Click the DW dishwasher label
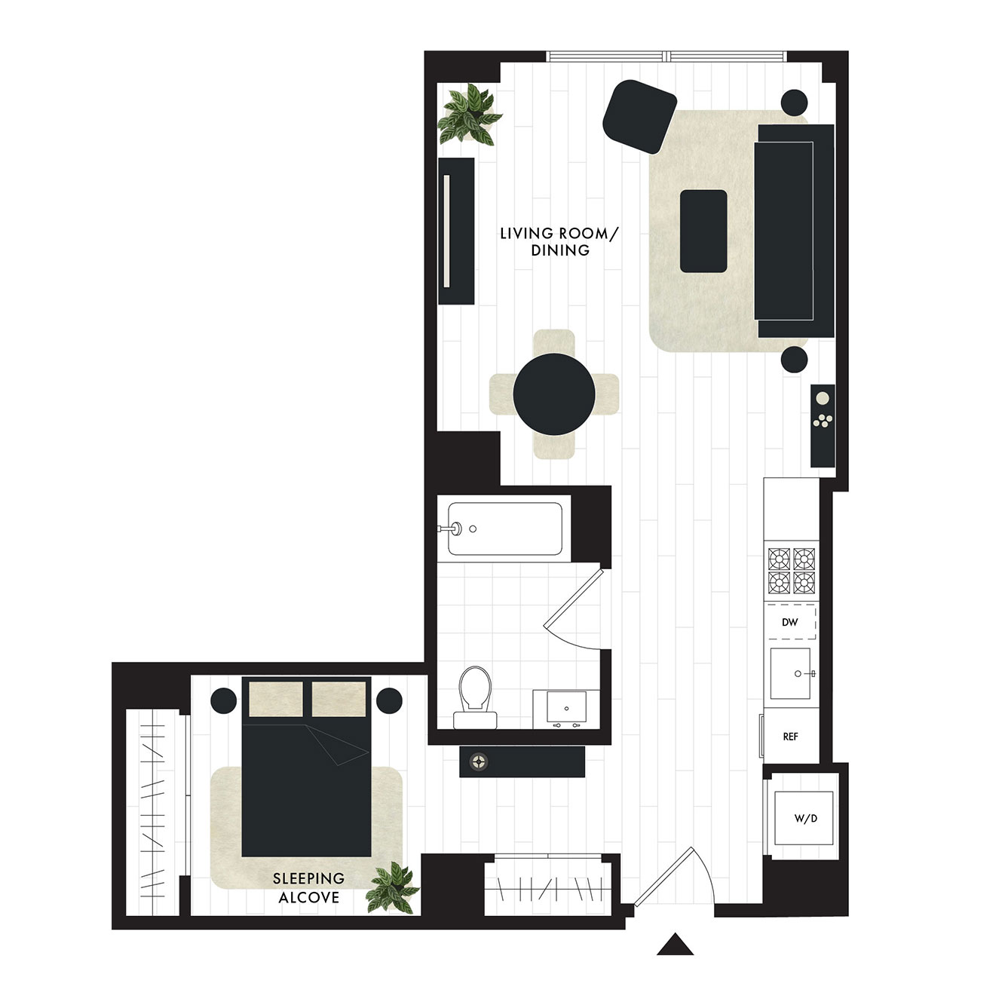pos(789,622)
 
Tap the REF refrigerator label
pos(790,737)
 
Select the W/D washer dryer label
pos(806,818)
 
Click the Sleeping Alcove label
pos(309,887)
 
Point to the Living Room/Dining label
pos(559,241)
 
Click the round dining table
pos(554,394)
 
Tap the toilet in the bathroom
pos(475,697)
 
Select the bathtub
pos(505,529)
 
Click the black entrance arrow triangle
pos(675,943)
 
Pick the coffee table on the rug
pos(703,231)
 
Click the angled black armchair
pos(639,117)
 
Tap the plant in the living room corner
pos(470,114)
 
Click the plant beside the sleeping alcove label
pos(392,888)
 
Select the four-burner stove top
pos(791,571)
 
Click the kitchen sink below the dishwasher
pos(791,673)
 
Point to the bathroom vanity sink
pos(566,709)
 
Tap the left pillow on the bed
pos(276,699)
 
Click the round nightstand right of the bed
pos(389,700)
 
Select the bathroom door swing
pos(576,610)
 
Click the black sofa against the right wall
pos(794,231)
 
